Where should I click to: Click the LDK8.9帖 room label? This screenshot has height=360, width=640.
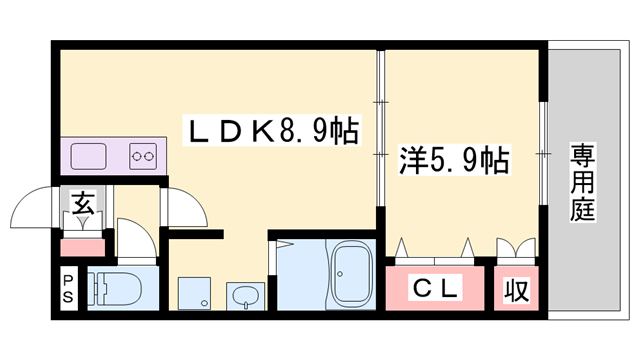[270, 130]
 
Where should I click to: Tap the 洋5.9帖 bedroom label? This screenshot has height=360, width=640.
[455, 158]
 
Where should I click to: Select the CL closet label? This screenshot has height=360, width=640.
[436, 290]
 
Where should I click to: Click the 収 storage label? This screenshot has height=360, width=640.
[516, 291]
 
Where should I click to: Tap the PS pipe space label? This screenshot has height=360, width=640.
[68, 288]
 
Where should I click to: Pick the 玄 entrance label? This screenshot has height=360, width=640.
[84, 206]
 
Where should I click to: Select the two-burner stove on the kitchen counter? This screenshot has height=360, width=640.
[144, 156]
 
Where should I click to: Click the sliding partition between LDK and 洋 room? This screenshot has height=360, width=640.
[381, 130]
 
